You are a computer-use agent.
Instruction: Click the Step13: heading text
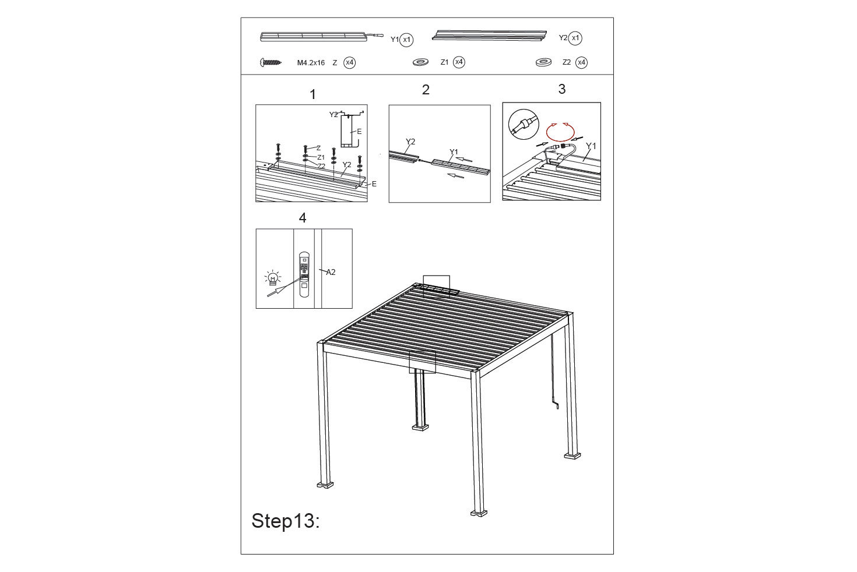pos(286,521)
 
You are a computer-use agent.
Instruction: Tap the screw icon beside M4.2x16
pos(271,62)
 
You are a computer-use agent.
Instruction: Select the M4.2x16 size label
pos(311,63)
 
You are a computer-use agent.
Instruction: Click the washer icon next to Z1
pos(420,62)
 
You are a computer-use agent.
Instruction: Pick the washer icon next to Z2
pos(543,62)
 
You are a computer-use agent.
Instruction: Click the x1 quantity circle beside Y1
pos(406,40)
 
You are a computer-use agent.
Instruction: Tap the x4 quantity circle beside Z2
pos(581,62)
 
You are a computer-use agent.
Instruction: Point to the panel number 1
pos(312,94)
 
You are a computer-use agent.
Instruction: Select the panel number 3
pos(561,89)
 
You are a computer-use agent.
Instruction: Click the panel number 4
pos(302,218)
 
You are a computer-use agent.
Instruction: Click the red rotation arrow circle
pos(560,132)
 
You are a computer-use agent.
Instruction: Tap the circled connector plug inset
pos(524,124)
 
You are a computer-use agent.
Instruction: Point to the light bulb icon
pos(272,278)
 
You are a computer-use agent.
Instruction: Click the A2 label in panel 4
pos(331,272)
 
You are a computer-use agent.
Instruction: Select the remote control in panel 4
pos(304,274)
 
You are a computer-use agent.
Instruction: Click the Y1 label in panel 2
pos(454,152)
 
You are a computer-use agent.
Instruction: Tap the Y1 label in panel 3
pos(591,146)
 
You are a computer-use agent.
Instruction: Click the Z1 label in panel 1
pos(321,157)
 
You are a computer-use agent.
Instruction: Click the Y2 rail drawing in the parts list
pos(489,35)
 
